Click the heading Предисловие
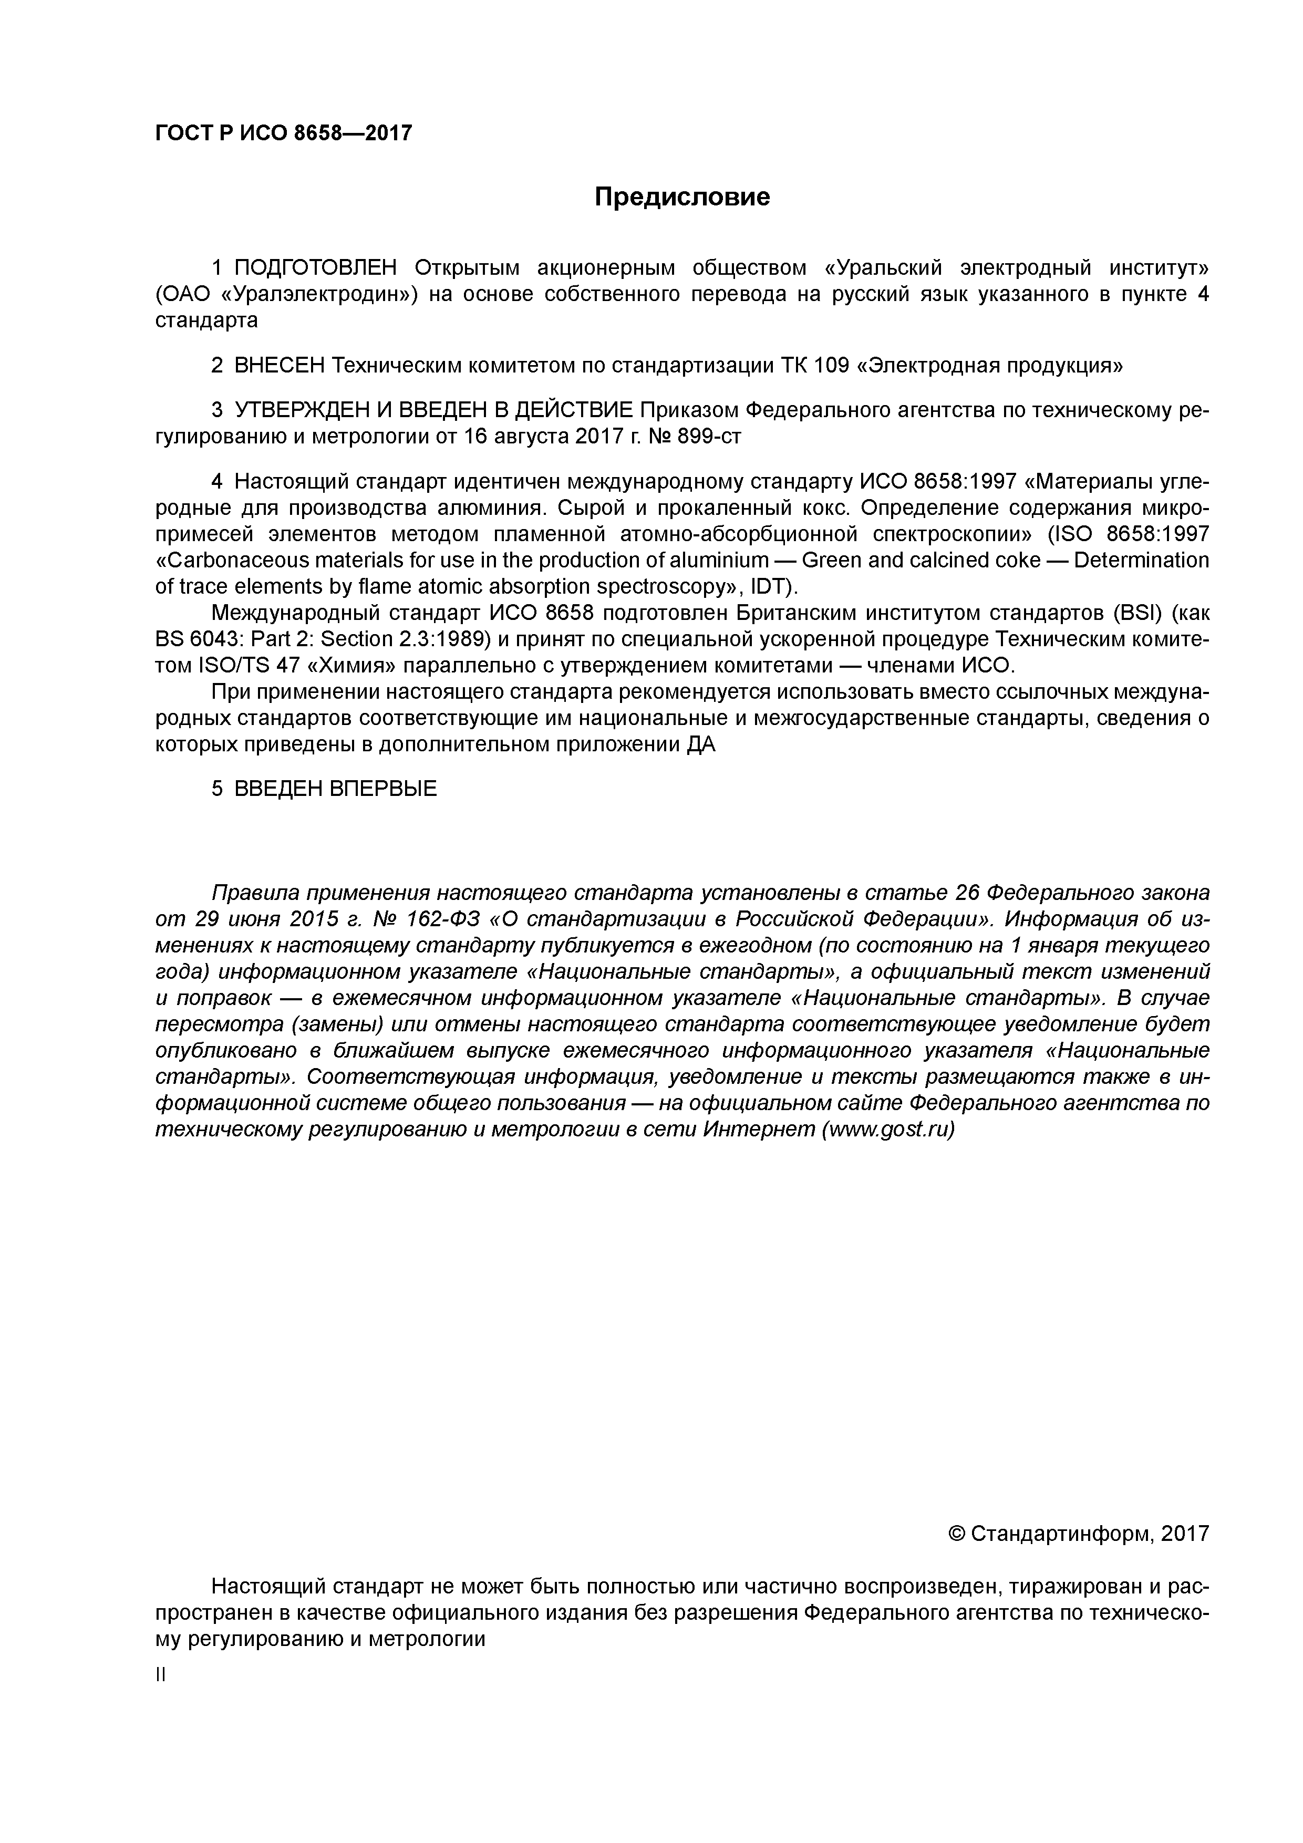point(681,196)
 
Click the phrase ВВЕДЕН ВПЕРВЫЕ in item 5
point(336,789)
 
